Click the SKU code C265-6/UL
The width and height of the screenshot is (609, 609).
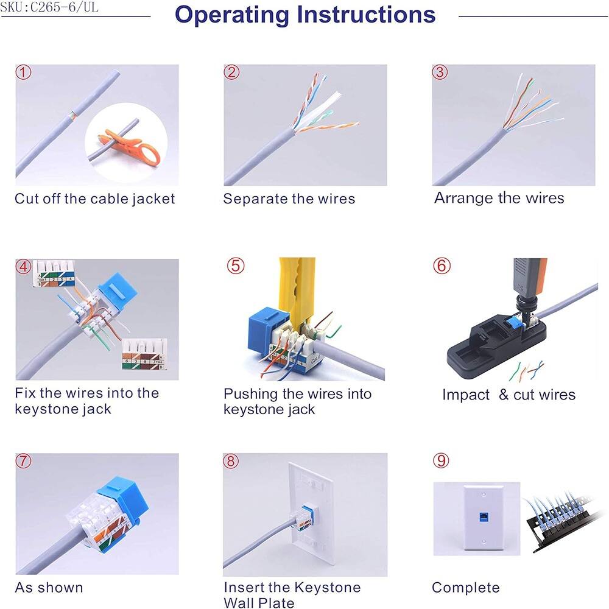pyautogui.click(x=49, y=9)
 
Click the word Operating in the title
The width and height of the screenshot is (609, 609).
pyautogui.click(x=233, y=15)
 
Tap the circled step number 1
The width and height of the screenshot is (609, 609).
pyautogui.click(x=23, y=73)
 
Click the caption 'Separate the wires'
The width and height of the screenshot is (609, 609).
pyautogui.click(x=289, y=199)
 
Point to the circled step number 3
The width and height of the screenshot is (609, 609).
pyautogui.click(x=440, y=72)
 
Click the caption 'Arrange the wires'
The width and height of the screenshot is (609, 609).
pyautogui.click(x=499, y=198)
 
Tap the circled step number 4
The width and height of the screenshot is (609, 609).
pyautogui.click(x=23, y=267)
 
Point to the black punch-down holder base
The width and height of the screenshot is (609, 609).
pyautogui.click(x=481, y=350)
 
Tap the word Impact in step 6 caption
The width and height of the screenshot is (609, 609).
pyautogui.click(x=466, y=395)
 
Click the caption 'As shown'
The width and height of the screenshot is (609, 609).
pyautogui.click(x=49, y=588)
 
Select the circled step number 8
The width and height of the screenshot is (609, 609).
pyautogui.click(x=231, y=461)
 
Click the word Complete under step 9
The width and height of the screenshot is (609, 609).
pyautogui.click(x=465, y=588)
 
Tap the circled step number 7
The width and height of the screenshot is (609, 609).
pyautogui.click(x=23, y=461)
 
